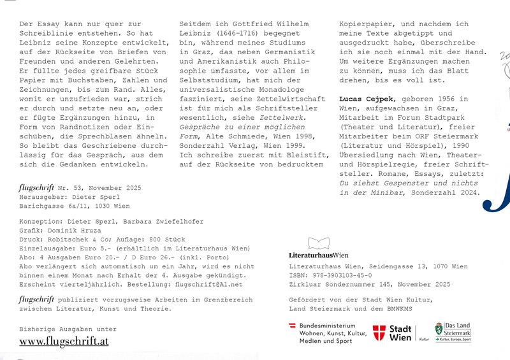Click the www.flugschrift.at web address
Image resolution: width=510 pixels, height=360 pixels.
(64, 342)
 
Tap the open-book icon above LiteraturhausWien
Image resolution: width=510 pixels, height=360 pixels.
(319, 243)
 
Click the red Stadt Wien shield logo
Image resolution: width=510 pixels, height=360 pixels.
(379, 333)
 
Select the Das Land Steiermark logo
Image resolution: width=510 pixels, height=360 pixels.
(453, 332)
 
